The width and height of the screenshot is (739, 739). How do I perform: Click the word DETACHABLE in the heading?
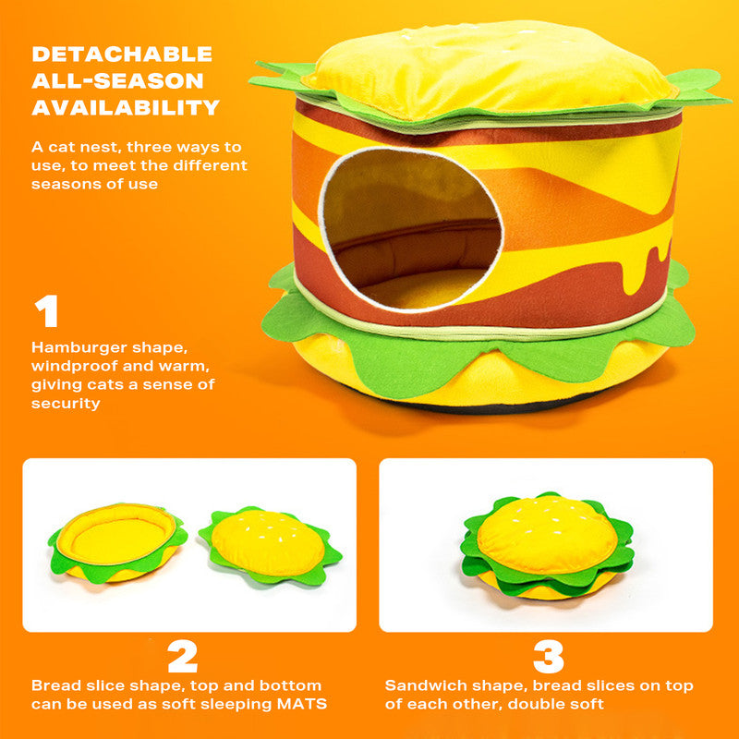pos(122,54)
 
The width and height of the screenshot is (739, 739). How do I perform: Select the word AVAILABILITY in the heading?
pos(126,107)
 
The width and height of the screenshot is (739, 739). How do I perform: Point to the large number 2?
pos(182,657)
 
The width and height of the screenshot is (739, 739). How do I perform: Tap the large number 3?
pos(549,657)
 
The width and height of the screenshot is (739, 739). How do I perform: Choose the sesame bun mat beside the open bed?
pos(269,544)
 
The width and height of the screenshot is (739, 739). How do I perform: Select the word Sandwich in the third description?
pos(421,686)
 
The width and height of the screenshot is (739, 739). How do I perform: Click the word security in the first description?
pos(66,404)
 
